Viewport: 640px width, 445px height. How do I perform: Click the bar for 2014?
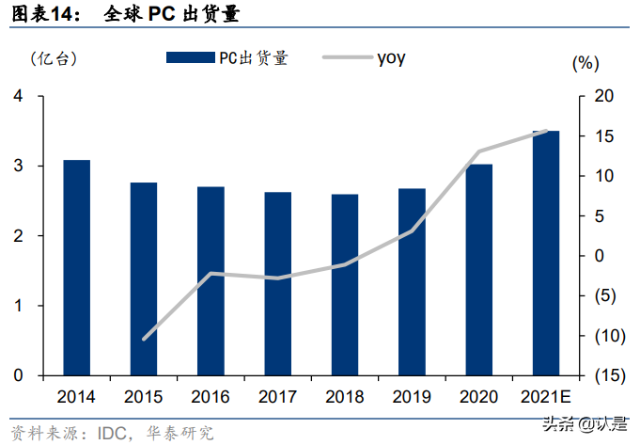(77, 268)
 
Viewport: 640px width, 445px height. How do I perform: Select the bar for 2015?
(144, 279)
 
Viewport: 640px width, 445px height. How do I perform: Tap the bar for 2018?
(345, 285)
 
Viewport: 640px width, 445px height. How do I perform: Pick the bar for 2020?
(479, 270)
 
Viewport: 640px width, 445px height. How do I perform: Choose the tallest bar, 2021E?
(546, 253)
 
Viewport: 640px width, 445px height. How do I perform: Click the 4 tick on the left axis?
(18, 97)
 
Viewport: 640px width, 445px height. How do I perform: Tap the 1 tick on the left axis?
(18, 307)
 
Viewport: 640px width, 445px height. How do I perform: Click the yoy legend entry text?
(392, 58)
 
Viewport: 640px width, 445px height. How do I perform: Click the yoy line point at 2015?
(144, 339)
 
